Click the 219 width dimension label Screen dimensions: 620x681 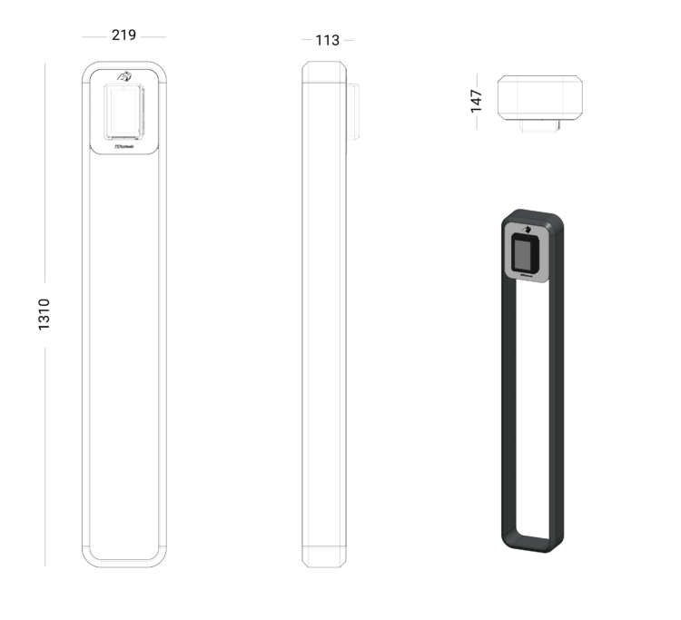point(123,35)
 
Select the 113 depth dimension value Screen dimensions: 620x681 point(327,40)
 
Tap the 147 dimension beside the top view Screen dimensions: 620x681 point(477,100)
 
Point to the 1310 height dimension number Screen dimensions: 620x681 point(44,313)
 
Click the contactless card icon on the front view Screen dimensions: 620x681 point(123,74)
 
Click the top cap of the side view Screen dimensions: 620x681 point(324,73)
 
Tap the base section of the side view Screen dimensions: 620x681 point(324,556)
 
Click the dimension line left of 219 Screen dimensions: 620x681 point(94,36)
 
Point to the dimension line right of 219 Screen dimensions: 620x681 point(153,36)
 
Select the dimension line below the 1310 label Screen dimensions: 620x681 point(44,454)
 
